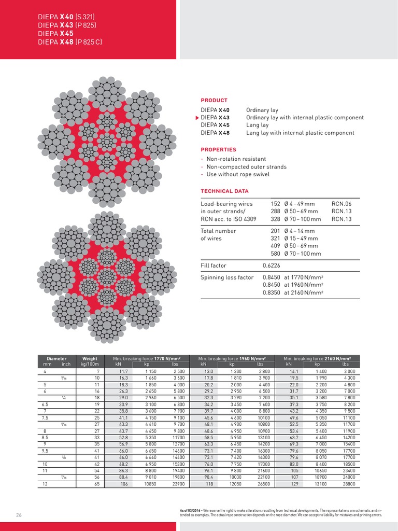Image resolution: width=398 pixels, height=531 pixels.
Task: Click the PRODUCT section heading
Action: click(x=214, y=100)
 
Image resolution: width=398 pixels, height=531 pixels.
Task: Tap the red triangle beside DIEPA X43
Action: click(x=197, y=118)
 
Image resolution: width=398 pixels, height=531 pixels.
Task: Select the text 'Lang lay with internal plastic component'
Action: click(x=300, y=133)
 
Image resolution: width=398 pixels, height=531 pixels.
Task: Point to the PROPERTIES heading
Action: click(x=218, y=149)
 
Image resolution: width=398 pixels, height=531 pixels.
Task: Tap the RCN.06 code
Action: click(x=342, y=204)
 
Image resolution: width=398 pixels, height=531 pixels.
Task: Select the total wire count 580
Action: click(x=275, y=254)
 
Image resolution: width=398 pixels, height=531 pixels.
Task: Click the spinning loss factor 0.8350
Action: click(x=272, y=292)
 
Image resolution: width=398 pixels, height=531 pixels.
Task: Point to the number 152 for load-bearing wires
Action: click(x=275, y=204)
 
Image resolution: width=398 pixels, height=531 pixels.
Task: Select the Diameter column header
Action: click(x=56, y=358)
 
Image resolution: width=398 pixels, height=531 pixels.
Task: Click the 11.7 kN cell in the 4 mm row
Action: click(x=123, y=371)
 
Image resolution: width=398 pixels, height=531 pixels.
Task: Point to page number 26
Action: click(x=19, y=514)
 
